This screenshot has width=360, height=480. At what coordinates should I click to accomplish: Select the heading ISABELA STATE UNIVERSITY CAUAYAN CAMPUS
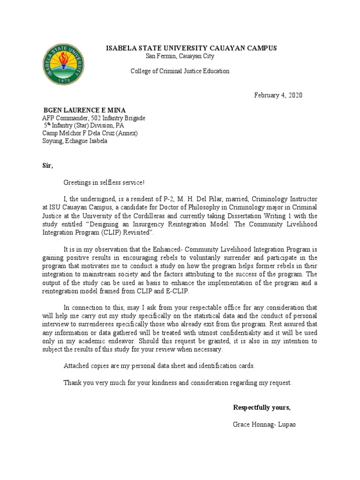[192, 48]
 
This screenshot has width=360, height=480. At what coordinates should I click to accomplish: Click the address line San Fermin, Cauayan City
[180, 56]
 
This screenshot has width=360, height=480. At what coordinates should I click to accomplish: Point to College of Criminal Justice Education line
[180, 71]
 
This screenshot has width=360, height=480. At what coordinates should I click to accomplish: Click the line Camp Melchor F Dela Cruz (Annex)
[90, 133]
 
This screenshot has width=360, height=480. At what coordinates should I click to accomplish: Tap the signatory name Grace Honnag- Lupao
[264, 424]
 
